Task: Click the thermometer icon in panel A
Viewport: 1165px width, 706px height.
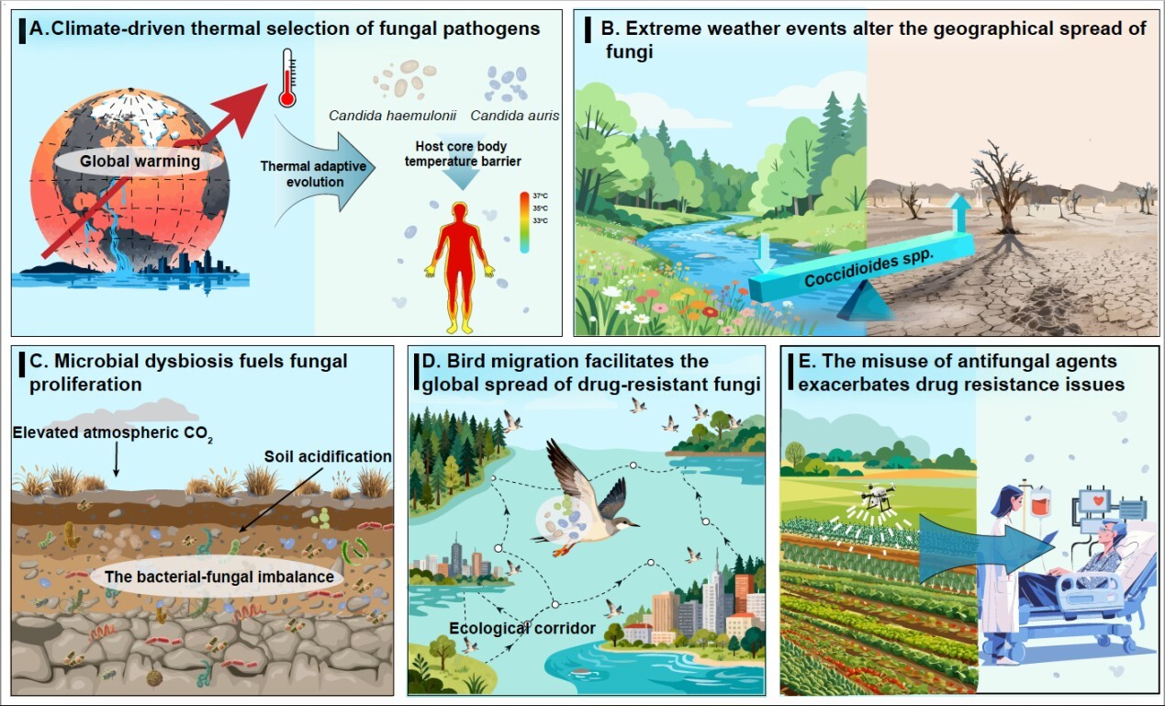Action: (x=287, y=78)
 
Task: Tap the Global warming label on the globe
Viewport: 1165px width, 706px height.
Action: (x=140, y=162)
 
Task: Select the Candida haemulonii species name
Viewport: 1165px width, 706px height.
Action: (x=392, y=116)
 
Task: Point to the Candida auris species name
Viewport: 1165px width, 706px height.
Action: (x=515, y=116)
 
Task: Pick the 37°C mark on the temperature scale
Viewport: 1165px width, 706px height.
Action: (x=540, y=196)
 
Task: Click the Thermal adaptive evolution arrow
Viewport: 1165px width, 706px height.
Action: (x=323, y=172)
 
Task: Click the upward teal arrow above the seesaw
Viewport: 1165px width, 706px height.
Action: (x=958, y=213)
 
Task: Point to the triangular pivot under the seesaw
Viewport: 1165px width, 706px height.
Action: (x=866, y=301)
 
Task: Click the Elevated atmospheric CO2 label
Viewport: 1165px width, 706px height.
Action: (x=113, y=434)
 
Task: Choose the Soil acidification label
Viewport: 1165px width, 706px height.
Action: (x=328, y=456)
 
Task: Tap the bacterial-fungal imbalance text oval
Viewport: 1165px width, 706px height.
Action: (x=219, y=577)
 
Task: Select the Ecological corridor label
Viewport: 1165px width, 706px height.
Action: (x=522, y=629)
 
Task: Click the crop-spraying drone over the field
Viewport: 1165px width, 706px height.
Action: (x=877, y=494)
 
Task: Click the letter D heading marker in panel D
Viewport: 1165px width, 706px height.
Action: (x=429, y=361)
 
